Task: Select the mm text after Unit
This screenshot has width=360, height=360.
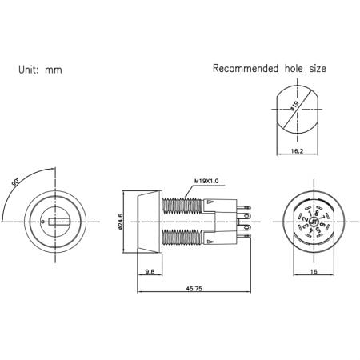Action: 54,70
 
